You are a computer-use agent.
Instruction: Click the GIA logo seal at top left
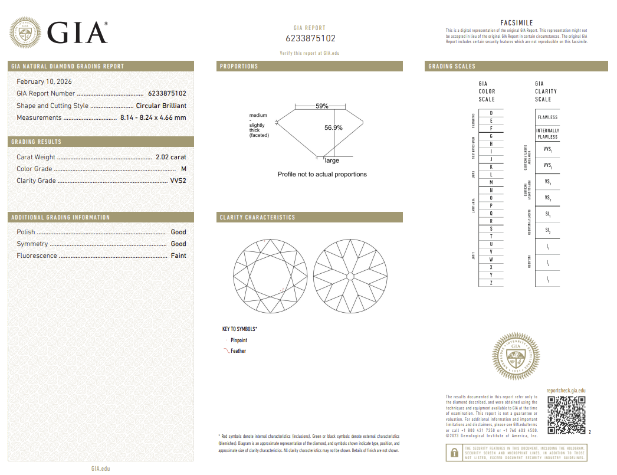click(x=25, y=32)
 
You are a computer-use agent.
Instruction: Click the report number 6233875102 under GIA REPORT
click(x=310, y=38)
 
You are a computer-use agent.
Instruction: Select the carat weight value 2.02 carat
click(x=170, y=157)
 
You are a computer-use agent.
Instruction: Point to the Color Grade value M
click(x=183, y=169)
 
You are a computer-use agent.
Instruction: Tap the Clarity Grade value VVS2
click(x=178, y=181)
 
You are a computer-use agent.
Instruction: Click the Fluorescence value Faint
click(x=178, y=255)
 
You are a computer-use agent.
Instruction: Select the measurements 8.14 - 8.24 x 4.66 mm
click(x=153, y=117)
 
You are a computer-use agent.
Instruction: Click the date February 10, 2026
click(x=44, y=81)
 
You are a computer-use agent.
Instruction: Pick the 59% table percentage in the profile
click(x=322, y=106)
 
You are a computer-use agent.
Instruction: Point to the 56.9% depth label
click(x=333, y=127)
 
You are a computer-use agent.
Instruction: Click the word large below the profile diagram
click(x=332, y=160)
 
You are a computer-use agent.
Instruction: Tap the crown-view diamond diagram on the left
click(x=270, y=276)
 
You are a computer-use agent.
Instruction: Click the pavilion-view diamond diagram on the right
click(x=350, y=276)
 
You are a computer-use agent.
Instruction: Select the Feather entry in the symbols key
click(x=238, y=351)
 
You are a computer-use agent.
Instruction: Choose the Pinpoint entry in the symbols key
click(x=238, y=340)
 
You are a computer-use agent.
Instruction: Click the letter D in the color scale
click(x=491, y=113)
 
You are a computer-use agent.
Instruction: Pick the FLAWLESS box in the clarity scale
click(x=547, y=117)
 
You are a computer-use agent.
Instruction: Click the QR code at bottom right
click(x=566, y=415)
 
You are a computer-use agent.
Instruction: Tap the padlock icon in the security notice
click(x=454, y=453)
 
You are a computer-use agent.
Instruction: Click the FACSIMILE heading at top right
click(x=516, y=23)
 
